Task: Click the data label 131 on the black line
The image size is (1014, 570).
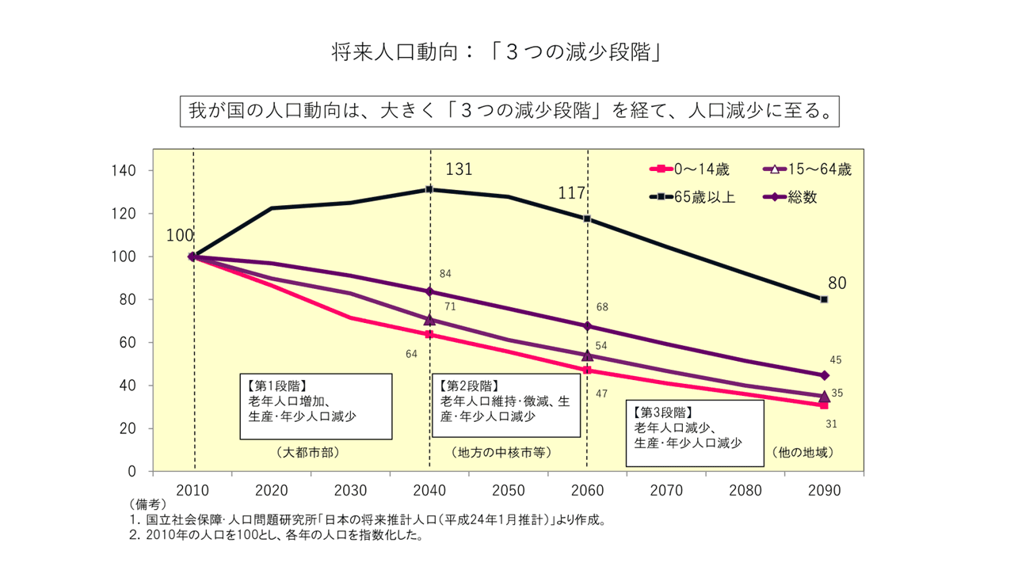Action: coord(459,169)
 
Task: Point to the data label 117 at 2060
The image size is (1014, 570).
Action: coord(571,193)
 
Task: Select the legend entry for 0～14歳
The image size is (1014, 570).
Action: coord(689,169)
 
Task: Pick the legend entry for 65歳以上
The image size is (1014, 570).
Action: coord(693,197)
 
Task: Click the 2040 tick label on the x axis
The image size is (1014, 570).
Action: coord(429,490)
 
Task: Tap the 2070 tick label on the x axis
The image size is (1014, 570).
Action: coord(666,490)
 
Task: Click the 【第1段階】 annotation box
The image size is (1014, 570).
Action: coord(315,406)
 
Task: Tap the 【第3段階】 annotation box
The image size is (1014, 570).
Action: coord(695,433)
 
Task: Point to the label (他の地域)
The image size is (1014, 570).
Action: coord(802,453)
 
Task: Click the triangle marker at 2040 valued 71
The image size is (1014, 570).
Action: coord(429,320)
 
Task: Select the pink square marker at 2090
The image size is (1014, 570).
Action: coord(824,405)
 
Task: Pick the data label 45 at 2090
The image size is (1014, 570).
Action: coord(836,360)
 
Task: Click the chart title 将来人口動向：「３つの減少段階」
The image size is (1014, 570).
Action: coord(496,52)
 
